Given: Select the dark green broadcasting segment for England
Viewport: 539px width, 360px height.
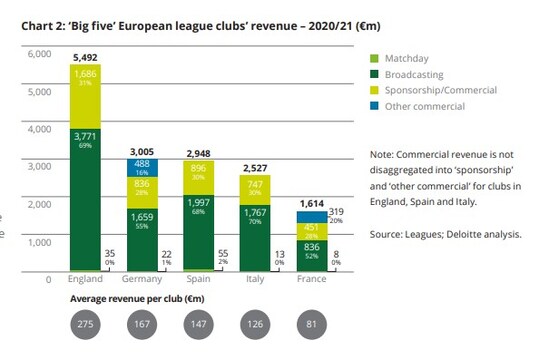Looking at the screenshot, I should (x=84, y=200).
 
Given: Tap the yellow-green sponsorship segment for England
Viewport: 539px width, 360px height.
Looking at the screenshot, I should (x=84, y=96).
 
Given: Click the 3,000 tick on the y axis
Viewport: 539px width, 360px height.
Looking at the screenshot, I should (x=39, y=167).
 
